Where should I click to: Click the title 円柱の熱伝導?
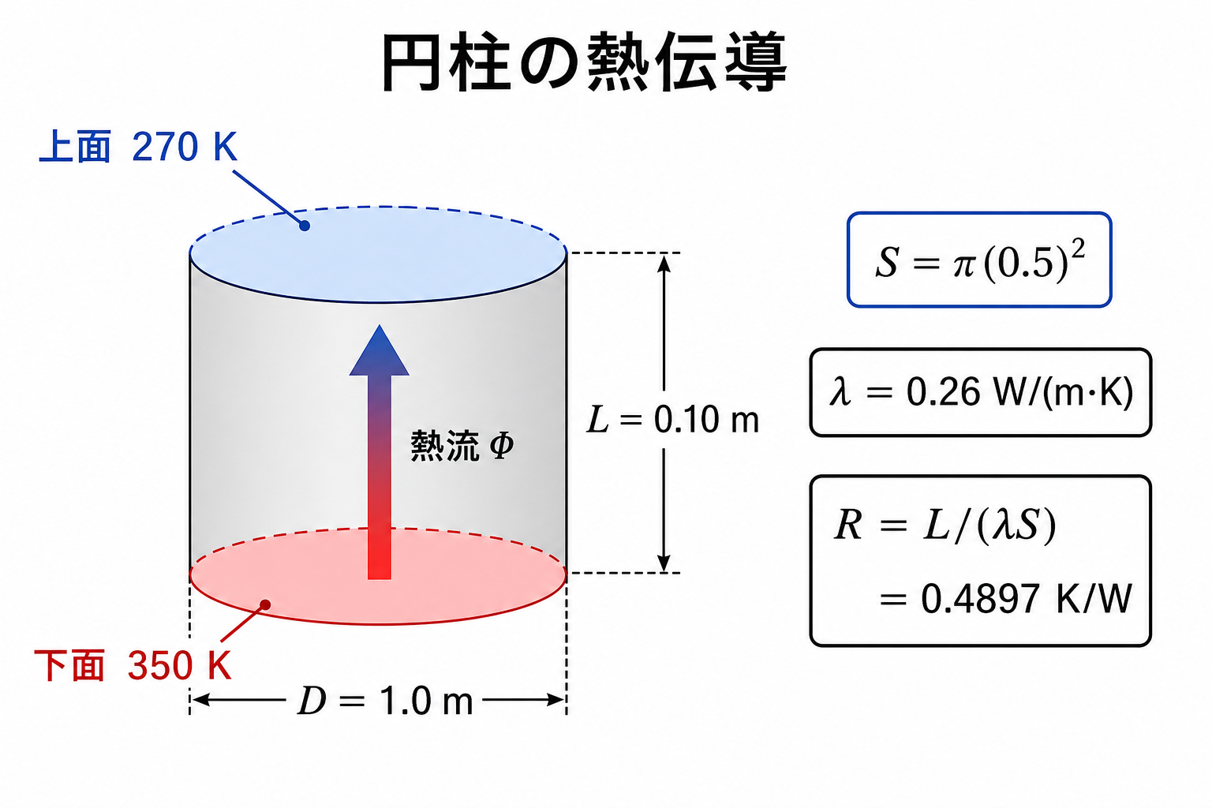click(585, 62)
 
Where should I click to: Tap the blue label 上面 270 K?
click(139, 147)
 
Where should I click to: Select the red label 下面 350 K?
click(133, 664)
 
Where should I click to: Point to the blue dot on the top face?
click(305, 226)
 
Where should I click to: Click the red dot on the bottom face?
click(265, 604)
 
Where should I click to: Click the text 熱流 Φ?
click(462, 446)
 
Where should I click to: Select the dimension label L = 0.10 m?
click(673, 420)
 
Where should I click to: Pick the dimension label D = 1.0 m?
click(385, 701)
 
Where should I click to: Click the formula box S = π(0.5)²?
click(979, 260)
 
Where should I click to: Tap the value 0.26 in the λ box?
click(943, 392)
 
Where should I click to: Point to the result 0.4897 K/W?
click(1026, 599)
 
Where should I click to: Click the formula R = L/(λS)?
click(945, 525)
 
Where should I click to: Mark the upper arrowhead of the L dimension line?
click(664, 263)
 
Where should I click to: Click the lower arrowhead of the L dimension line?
click(664, 563)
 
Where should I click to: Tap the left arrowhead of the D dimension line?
click(201, 700)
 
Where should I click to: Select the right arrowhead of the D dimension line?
click(555, 700)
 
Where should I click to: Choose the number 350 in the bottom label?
click(160, 665)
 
